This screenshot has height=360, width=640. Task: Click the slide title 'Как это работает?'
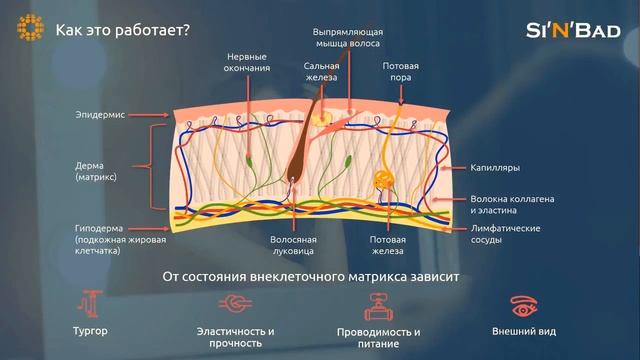[x=122, y=29]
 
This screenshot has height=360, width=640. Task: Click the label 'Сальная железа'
[x=321, y=72]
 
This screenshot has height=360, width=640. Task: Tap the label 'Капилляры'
[x=494, y=168]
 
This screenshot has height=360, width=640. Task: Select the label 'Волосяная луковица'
[x=293, y=246]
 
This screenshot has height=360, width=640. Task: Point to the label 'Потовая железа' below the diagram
[x=387, y=246]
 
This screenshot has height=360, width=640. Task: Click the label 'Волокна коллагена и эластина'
[x=512, y=205]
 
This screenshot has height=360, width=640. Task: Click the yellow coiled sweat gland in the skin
[x=383, y=182]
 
